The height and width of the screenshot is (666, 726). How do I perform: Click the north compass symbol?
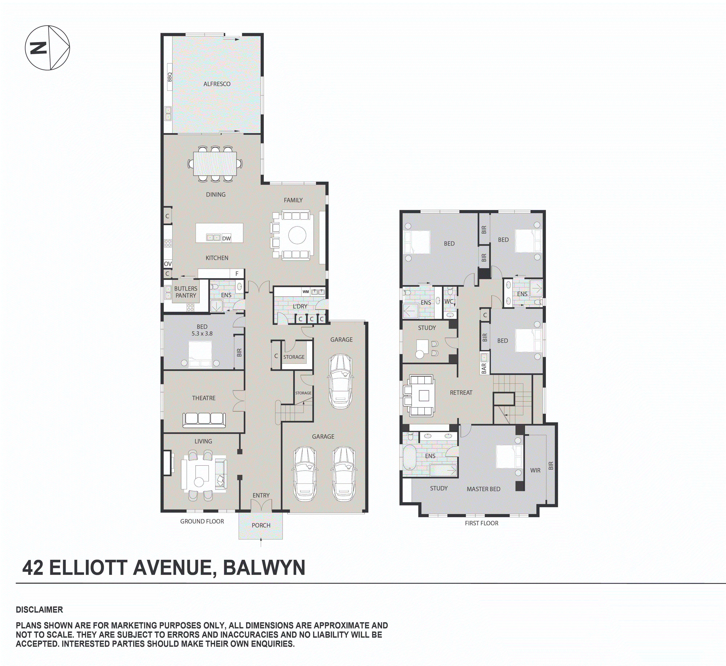click(47, 48)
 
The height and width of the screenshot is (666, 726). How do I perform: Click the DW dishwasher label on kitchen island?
click(226, 238)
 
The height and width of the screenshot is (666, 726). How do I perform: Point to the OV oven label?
click(168, 264)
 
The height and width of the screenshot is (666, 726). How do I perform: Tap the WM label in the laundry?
click(305, 292)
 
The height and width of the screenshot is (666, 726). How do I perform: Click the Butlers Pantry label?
click(185, 292)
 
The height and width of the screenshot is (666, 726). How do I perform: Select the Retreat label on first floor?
click(461, 393)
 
